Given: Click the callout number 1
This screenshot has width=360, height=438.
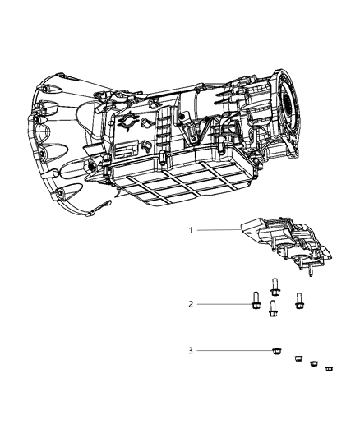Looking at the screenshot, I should tap(191, 230).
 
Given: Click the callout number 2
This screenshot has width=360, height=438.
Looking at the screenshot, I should tap(191, 304).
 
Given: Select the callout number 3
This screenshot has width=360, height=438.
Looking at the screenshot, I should tap(191, 351).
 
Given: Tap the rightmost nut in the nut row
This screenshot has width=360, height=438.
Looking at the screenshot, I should tap(330, 368).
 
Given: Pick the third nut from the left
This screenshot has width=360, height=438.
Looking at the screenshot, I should tap(314, 363).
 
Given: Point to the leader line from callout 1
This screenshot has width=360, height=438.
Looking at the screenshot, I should tap(218, 230).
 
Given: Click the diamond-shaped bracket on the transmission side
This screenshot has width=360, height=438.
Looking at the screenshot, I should tap(129, 121).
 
